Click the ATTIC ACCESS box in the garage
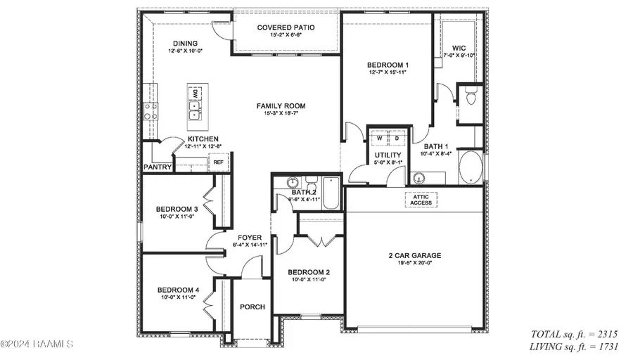[x=421, y=200]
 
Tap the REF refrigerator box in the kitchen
[x=218, y=162]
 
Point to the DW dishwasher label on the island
[x=195, y=93]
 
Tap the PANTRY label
[x=158, y=167]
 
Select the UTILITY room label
[x=388, y=155]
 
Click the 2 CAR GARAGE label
[x=414, y=255]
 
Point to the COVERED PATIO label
[x=286, y=27]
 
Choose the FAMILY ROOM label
[x=285, y=106]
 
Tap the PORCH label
[x=252, y=307]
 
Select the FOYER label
[x=250, y=237]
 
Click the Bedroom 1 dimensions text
[x=388, y=72]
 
